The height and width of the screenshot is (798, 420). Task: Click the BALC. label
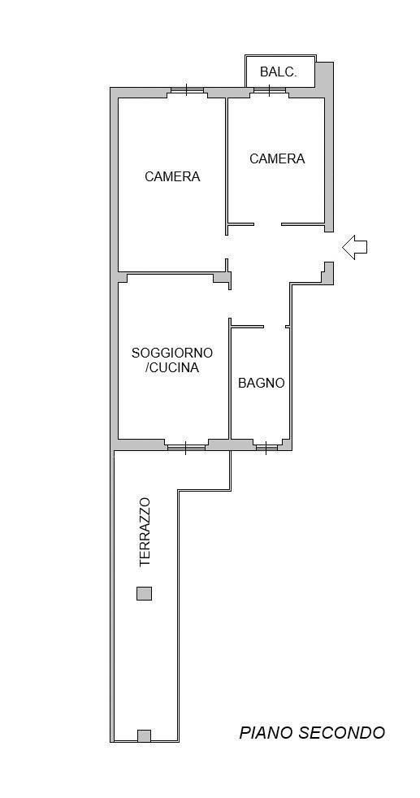click(x=278, y=72)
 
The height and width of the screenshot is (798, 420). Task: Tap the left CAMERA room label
click(x=172, y=176)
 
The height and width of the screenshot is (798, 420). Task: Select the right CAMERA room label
click(x=277, y=159)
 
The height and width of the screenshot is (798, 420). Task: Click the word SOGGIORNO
click(x=172, y=353)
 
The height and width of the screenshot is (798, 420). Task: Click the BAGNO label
click(x=262, y=383)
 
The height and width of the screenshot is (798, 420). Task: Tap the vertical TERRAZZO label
click(x=145, y=532)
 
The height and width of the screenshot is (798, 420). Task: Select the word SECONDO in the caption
click(x=342, y=733)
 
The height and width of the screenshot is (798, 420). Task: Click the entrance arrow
click(x=355, y=247)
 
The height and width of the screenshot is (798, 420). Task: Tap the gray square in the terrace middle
click(x=144, y=593)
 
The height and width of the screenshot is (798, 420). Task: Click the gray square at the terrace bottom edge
click(x=144, y=736)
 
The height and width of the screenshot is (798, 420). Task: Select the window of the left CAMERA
click(x=187, y=90)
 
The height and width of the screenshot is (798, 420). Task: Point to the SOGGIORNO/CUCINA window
click(x=187, y=445)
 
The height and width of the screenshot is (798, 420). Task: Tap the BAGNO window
click(x=266, y=445)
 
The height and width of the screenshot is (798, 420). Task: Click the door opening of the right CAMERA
click(x=267, y=224)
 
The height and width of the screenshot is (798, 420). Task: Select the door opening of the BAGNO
click(x=275, y=327)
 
